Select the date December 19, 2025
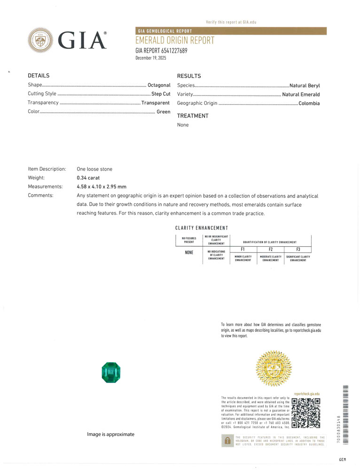[151, 58]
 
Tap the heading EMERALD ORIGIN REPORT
[175, 41]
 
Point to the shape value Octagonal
[159, 85]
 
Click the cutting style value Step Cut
[161, 94]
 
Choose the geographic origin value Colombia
[309, 103]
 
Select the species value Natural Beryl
[305, 86]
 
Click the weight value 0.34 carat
[89, 178]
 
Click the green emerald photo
[111, 372]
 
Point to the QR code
[306, 413]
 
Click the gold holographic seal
[274, 368]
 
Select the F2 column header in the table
[271, 249]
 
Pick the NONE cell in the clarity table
[189, 253]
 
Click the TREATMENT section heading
[193, 116]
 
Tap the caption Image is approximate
[110, 434]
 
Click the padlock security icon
[227, 440]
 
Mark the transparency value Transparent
[156, 103]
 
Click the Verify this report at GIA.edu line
[231, 22]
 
